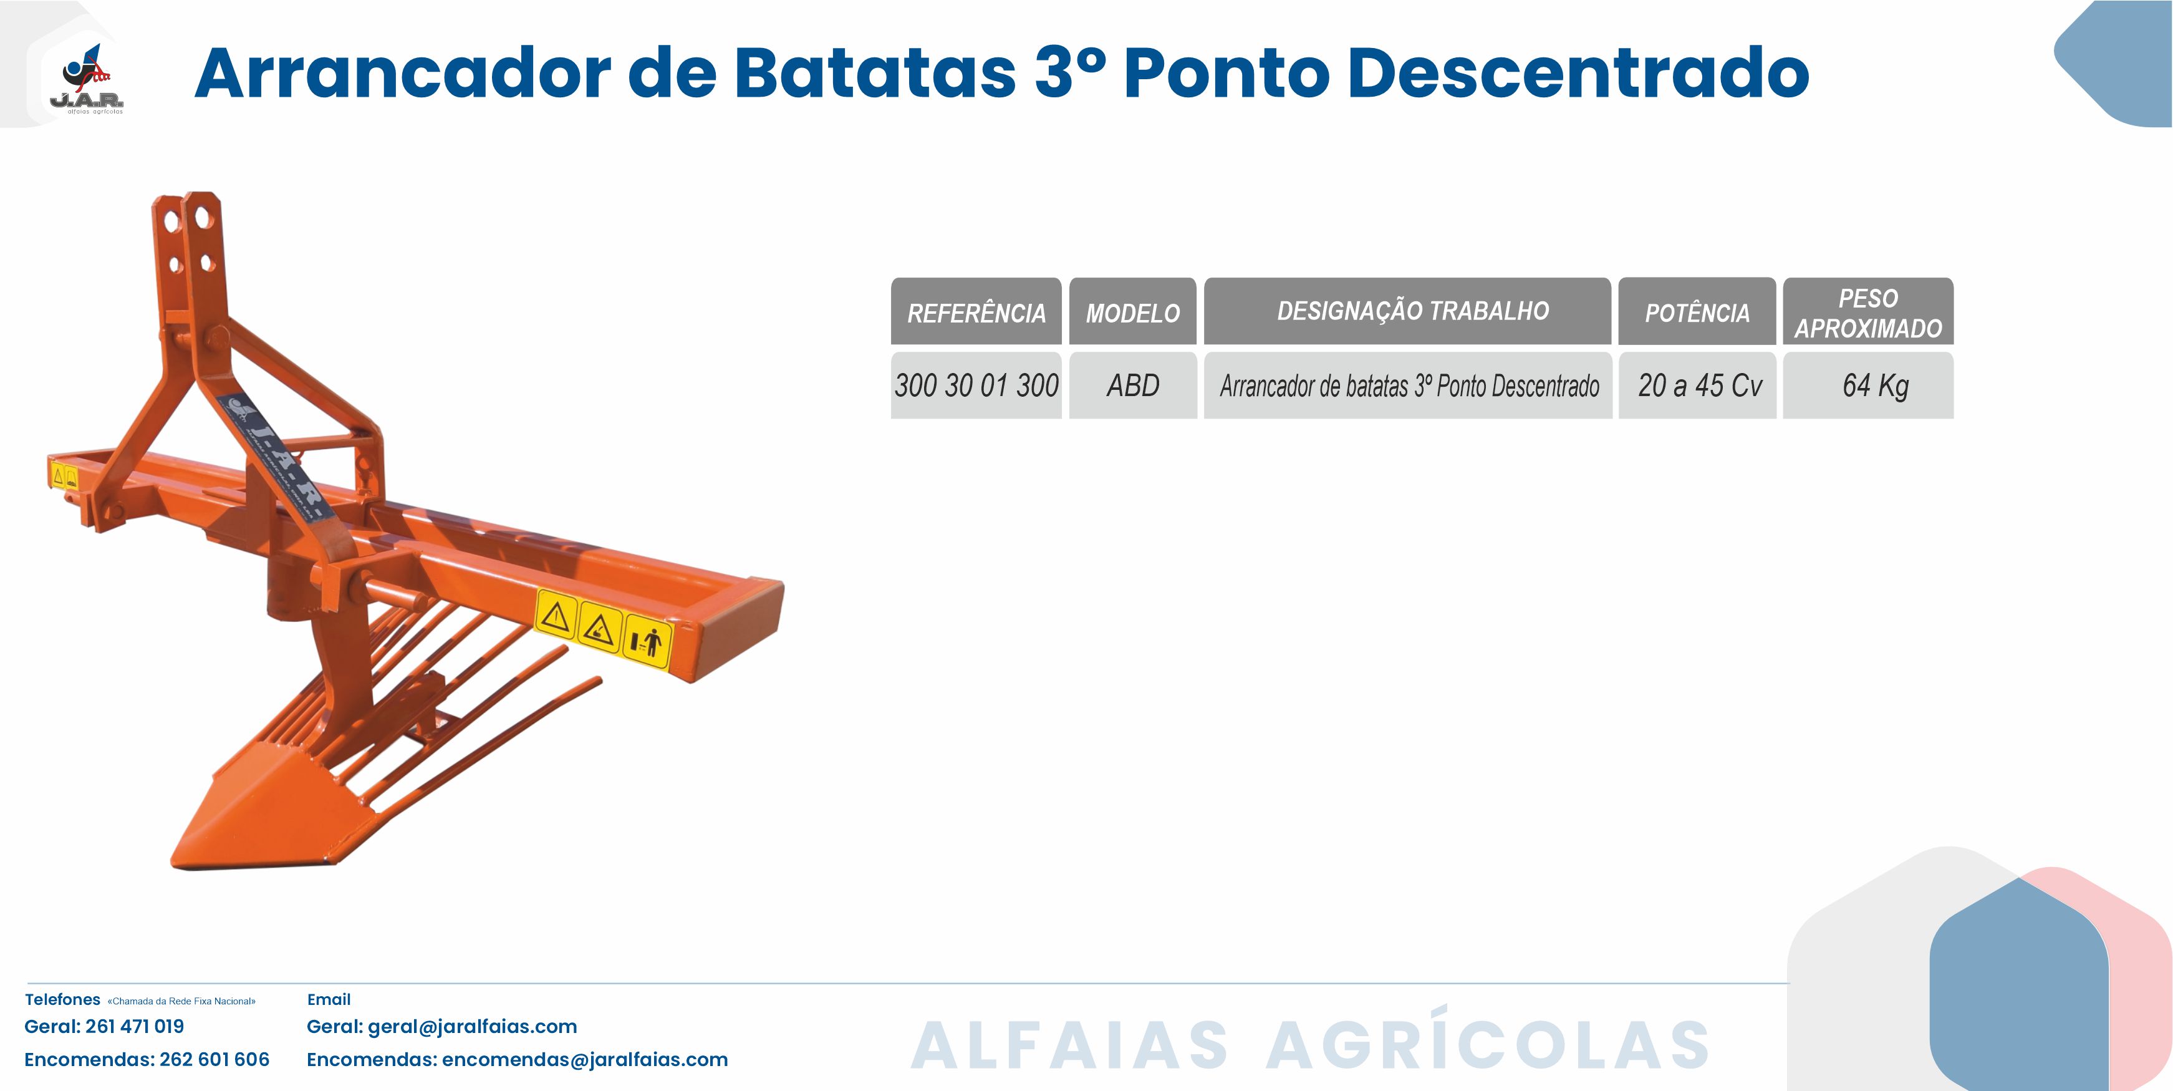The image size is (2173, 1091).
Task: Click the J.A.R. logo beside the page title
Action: (x=87, y=79)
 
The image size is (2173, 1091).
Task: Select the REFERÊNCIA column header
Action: (x=976, y=311)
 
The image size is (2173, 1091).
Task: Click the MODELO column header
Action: (x=1133, y=311)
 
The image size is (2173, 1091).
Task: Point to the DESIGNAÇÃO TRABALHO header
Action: (x=1407, y=311)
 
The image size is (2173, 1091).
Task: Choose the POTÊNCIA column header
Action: (x=1697, y=311)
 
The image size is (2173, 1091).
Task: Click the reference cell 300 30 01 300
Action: (x=976, y=385)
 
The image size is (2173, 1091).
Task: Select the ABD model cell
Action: (x=1133, y=385)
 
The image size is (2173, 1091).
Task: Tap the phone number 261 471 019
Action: (x=135, y=1027)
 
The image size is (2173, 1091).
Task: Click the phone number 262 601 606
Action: (x=214, y=1060)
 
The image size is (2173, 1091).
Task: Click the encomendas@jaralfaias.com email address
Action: (x=585, y=1060)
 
